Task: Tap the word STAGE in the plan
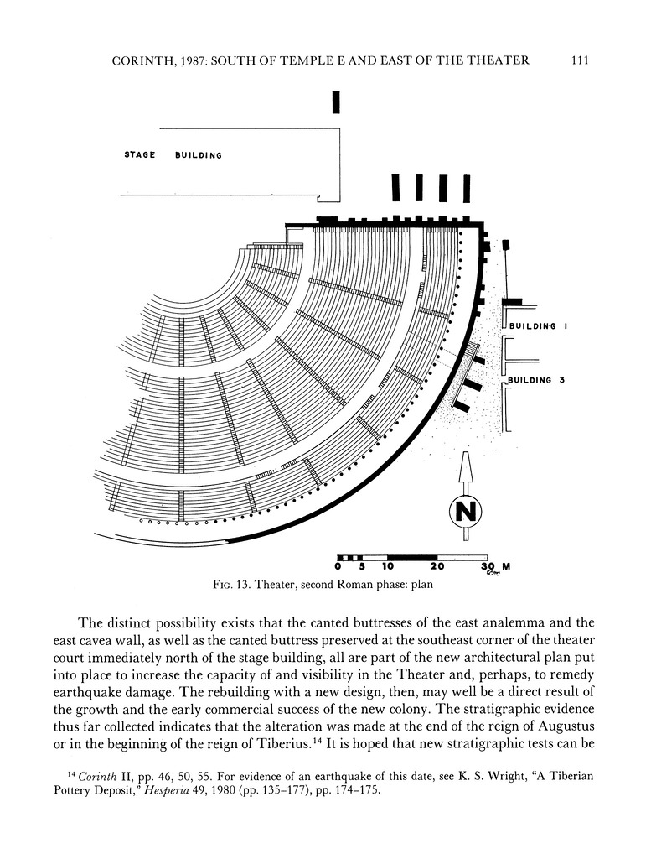[x=140, y=154]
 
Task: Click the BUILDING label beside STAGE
[x=199, y=155]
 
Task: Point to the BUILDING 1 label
[x=534, y=325]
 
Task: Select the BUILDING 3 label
[x=534, y=380]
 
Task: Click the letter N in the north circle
[x=467, y=510]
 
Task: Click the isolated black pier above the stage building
[x=336, y=102]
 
